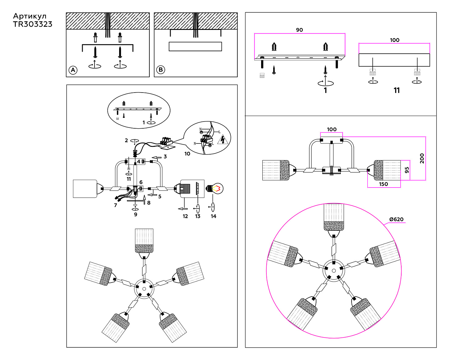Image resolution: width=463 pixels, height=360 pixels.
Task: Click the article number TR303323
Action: click(x=33, y=24)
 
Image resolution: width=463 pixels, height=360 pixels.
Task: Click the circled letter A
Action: click(x=73, y=70)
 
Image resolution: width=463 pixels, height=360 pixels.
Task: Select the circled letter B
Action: click(x=161, y=70)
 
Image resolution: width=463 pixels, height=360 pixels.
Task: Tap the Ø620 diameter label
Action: click(x=396, y=219)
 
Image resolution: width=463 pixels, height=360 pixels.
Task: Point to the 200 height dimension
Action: click(x=422, y=158)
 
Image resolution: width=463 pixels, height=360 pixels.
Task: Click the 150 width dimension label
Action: click(x=383, y=184)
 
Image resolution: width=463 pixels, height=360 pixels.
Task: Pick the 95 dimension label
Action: click(x=407, y=170)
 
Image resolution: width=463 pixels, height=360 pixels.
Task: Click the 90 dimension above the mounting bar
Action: click(x=299, y=30)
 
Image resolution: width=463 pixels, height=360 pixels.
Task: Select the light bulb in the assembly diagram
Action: click(x=215, y=188)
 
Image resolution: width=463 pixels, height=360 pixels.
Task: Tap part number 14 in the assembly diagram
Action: click(x=214, y=216)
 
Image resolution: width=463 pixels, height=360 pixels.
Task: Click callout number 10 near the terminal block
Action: click(x=187, y=154)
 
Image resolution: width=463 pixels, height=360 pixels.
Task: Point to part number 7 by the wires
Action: click(x=115, y=205)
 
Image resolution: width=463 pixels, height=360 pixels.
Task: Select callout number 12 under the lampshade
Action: click(x=185, y=216)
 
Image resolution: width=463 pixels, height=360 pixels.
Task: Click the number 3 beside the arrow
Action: click(x=165, y=157)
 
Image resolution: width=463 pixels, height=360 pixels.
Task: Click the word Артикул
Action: click(x=30, y=16)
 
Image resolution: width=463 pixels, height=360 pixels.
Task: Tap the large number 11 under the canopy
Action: click(x=397, y=90)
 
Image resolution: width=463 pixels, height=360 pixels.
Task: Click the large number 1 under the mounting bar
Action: click(x=325, y=90)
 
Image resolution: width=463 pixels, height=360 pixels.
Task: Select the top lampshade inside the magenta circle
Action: click(x=334, y=217)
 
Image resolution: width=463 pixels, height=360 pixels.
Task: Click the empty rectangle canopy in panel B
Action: click(x=195, y=47)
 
